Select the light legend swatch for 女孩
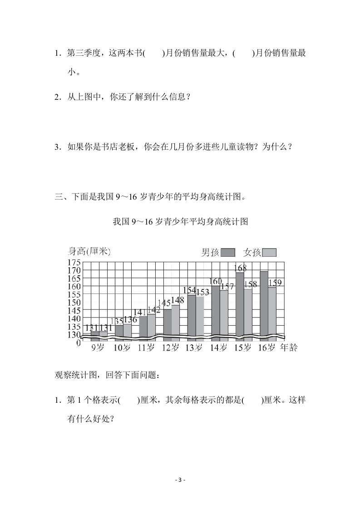pos(270,253)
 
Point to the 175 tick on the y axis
pos(74,262)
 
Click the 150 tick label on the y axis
pos(74,303)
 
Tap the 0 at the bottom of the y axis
pos(78,343)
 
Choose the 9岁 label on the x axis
pos(98,348)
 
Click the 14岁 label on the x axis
pos(218,348)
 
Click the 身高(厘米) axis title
pos(89,251)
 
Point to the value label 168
pos(240,268)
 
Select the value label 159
pos(275,283)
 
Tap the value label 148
pos(178,300)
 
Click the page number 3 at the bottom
pos(180,480)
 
